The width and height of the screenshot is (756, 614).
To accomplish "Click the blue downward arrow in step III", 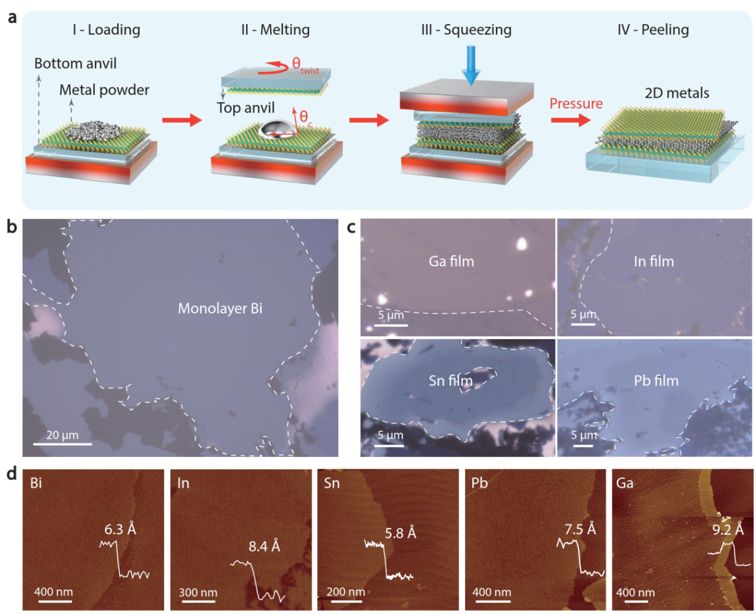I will tap(470, 65).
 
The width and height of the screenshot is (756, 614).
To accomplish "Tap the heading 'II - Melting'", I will tap(275, 30).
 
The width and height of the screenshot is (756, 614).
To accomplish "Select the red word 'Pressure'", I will tap(575, 104).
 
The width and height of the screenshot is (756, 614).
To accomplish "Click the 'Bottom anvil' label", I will tap(76, 63).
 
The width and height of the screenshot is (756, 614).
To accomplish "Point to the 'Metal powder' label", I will tap(104, 90).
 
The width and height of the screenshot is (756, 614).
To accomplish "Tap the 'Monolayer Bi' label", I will tap(220, 308).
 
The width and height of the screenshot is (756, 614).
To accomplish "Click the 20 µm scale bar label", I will tap(62, 435).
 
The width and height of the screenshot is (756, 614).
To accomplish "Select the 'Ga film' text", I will tap(451, 261).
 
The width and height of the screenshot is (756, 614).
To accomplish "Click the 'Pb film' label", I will tap(656, 381).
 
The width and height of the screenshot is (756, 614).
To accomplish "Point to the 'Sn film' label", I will tap(450, 381).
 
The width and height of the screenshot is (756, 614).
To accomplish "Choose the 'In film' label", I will tap(653, 261).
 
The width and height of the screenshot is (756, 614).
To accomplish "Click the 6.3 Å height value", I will tap(120, 530).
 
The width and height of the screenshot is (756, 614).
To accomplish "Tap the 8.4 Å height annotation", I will tap(264, 547).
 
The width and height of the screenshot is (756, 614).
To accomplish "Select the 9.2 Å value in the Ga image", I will tap(728, 530).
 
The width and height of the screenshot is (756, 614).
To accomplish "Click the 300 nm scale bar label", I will tap(197, 592).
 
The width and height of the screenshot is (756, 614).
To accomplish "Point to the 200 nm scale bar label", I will tap(345, 592).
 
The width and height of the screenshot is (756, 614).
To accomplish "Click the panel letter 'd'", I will tap(12, 473).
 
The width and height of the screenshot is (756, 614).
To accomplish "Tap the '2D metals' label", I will tap(677, 93).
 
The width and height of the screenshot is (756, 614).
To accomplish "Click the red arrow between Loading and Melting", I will tap(182, 121).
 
